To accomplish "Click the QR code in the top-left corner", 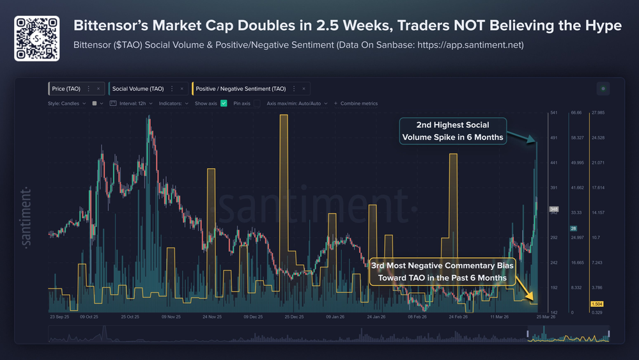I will coord(37,39).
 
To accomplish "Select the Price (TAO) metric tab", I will coord(66,88).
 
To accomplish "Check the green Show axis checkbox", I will coord(224,103).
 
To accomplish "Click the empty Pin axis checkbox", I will coord(257,103).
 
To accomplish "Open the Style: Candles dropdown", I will coord(67,103).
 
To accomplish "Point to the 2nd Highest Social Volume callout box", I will coord(452,131).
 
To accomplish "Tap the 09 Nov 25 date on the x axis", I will coord(173,316).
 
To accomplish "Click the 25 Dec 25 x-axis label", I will coord(295,316).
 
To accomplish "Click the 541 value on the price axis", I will coord(554,113).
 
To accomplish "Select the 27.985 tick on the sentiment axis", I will coord(598,113).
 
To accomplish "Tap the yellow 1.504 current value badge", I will coord(598,304).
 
